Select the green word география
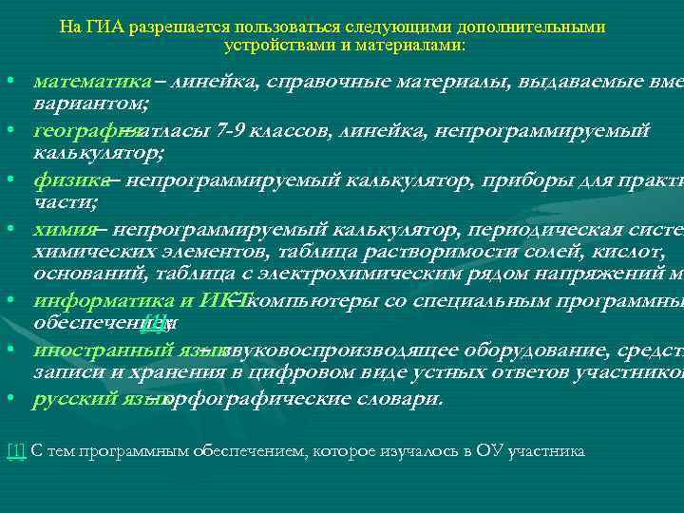pyautogui.click(x=80, y=128)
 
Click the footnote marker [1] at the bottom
pyautogui.click(x=16, y=450)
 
